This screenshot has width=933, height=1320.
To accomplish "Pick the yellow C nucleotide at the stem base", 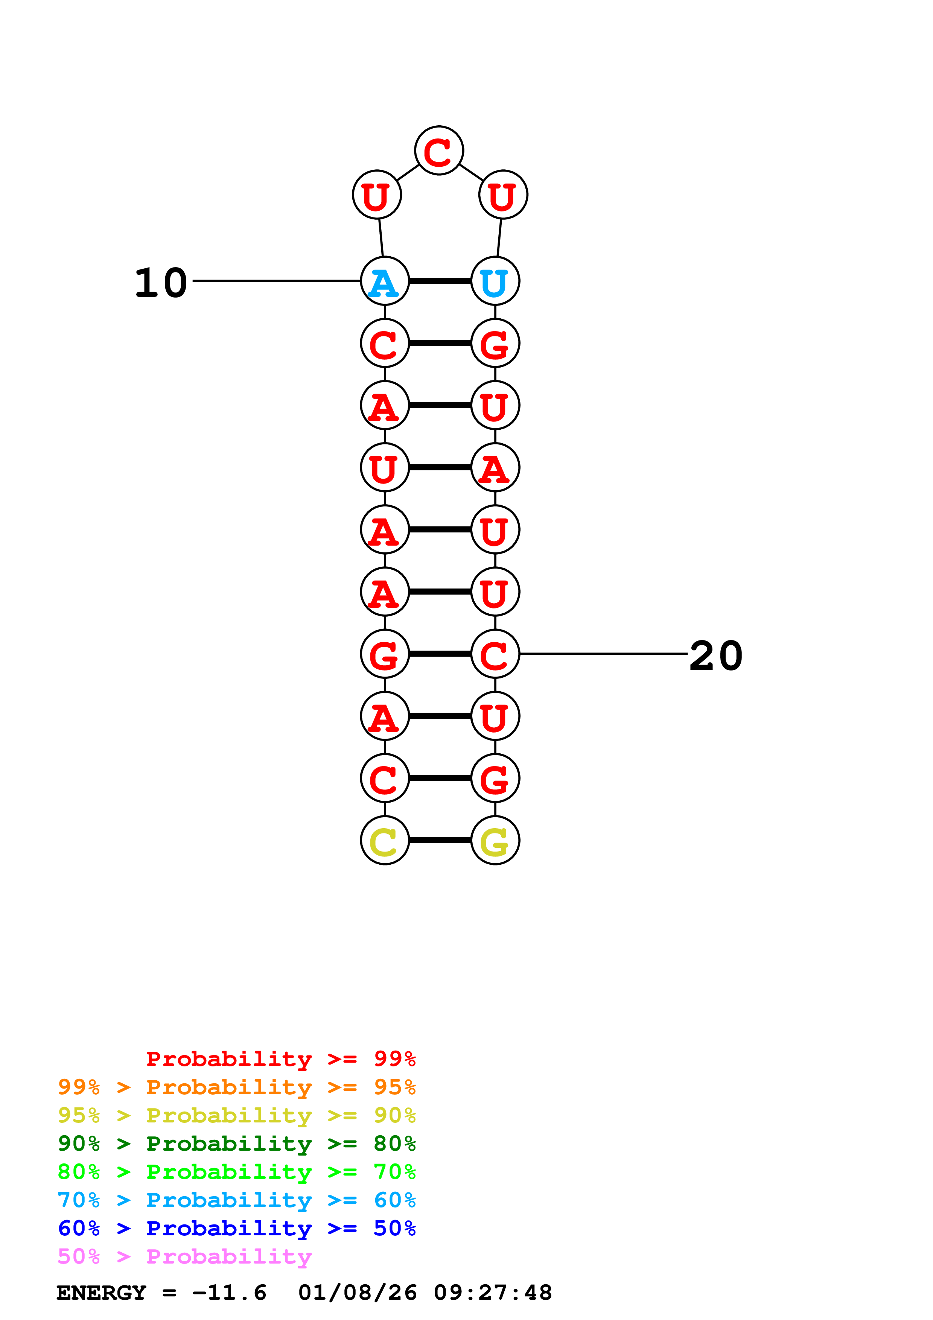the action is (385, 841).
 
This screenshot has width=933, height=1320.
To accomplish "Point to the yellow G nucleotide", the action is (495, 841).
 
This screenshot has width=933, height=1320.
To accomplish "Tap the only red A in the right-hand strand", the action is (495, 467).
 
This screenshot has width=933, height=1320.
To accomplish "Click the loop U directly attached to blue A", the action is (376, 195).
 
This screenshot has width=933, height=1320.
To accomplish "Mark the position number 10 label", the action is (161, 283).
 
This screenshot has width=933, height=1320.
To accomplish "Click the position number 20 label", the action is (716, 655).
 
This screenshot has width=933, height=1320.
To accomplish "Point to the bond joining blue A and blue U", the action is (440, 281).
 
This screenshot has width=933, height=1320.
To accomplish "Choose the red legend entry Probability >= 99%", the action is (280, 1059).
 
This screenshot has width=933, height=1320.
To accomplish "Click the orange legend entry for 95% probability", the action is (236, 1087).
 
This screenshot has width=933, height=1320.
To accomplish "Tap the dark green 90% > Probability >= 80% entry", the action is (236, 1144).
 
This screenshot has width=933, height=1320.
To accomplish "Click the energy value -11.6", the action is (229, 1293).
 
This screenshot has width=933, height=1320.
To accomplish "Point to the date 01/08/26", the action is (357, 1293).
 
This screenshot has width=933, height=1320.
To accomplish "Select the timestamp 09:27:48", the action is (493, 1293).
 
